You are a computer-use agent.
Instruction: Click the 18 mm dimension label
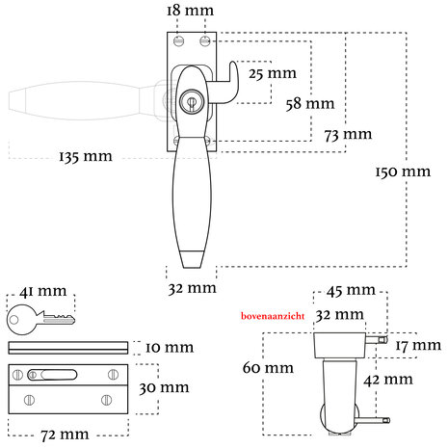click(190, 11)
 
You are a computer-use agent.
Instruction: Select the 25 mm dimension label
click(273, 73)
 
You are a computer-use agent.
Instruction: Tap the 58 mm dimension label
click(310, 104)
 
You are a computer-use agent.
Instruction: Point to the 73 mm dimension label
click(348, 135)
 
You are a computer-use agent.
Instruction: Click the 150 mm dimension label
click(403, 171)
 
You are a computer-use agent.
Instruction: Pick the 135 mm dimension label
click(86, 157)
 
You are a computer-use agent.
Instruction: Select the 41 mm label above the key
click(43, 291)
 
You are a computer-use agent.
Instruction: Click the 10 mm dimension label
click(170, 348)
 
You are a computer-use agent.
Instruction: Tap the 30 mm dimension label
click(164, 387)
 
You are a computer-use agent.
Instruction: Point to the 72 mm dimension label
click(65, 435)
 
